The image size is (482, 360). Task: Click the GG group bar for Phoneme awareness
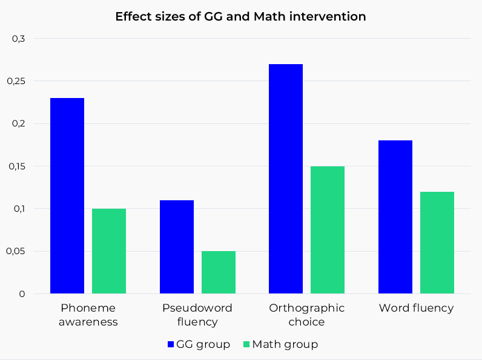[x=67, y=195]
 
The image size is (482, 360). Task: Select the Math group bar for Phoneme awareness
[x=109, y=251]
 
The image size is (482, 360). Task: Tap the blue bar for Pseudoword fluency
[x=177, y=247]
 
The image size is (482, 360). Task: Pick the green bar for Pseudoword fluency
[x=219, y=272]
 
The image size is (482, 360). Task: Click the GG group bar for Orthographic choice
[x=286, y=178]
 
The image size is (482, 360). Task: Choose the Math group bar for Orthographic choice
[x=328, y=230]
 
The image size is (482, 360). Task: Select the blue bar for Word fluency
[x=395, y=217]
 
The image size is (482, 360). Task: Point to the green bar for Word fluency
[x=437, y=243]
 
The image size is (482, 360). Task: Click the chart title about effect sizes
[x=240, y=17]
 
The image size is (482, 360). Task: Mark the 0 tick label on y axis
[x=22, y=294]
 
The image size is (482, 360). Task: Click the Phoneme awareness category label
[x=88, y=315]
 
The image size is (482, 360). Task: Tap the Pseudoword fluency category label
[x=197, y=315]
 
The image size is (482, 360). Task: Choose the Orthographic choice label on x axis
[x=307, y=315]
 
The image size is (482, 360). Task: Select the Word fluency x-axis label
[x=416, y=308]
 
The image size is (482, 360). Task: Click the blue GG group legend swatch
[x=171, y=344]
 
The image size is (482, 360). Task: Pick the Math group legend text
[x=285, y=344]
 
